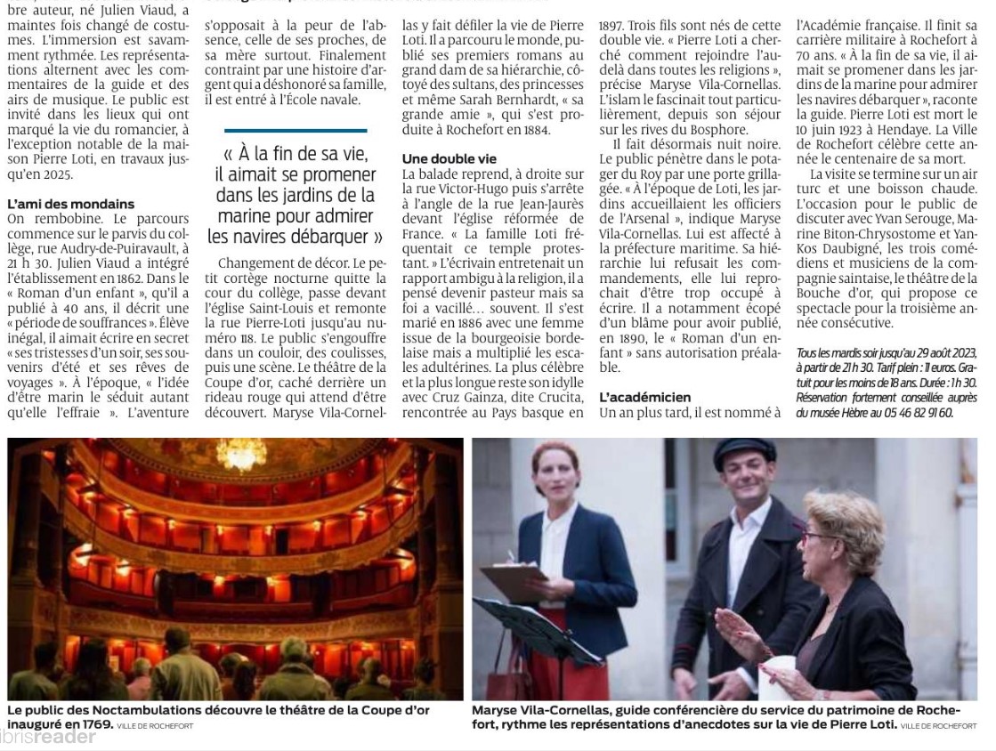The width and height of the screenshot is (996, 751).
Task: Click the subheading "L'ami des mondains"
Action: [70, 204]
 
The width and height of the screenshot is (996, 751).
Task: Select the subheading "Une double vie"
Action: [449, 158]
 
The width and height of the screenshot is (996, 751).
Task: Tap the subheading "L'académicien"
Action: [644, 397]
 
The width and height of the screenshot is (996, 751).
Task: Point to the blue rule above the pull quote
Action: [296, 131]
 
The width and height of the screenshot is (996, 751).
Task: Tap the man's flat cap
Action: [744, 450]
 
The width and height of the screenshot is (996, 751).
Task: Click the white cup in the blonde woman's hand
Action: [776, 675]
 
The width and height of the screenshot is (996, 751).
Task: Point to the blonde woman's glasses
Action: [816, 537]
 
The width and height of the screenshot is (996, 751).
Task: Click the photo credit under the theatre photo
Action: [155, 726]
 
